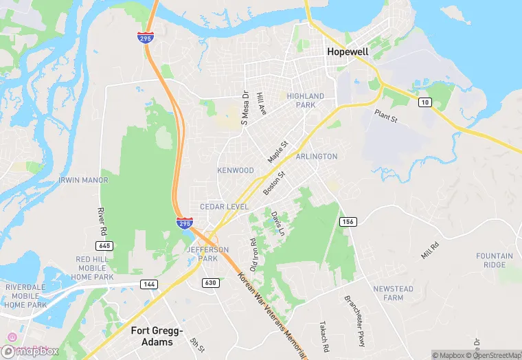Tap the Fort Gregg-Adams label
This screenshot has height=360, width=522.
tap(157, 335)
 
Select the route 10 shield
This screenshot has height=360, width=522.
tap(425, 102)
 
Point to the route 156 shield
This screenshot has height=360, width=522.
tap(348, 221)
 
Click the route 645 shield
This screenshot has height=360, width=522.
tap(104, 245)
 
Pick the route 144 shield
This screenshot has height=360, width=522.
tap(149, 284)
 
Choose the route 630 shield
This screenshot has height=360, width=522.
tap(210, 282)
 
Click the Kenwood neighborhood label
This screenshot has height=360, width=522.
tap(236, 170)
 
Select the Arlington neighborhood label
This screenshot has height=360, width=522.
tap(316, 157)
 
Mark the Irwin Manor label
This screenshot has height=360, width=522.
tap(83, 180)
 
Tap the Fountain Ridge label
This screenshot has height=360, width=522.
tap(495, 260)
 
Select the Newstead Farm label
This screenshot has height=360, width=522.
tap(394, 293)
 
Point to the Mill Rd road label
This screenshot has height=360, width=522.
tap(429, 251)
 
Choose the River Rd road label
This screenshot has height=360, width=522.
tap(101, 219)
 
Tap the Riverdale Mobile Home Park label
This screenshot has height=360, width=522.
tap(25, 295)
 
